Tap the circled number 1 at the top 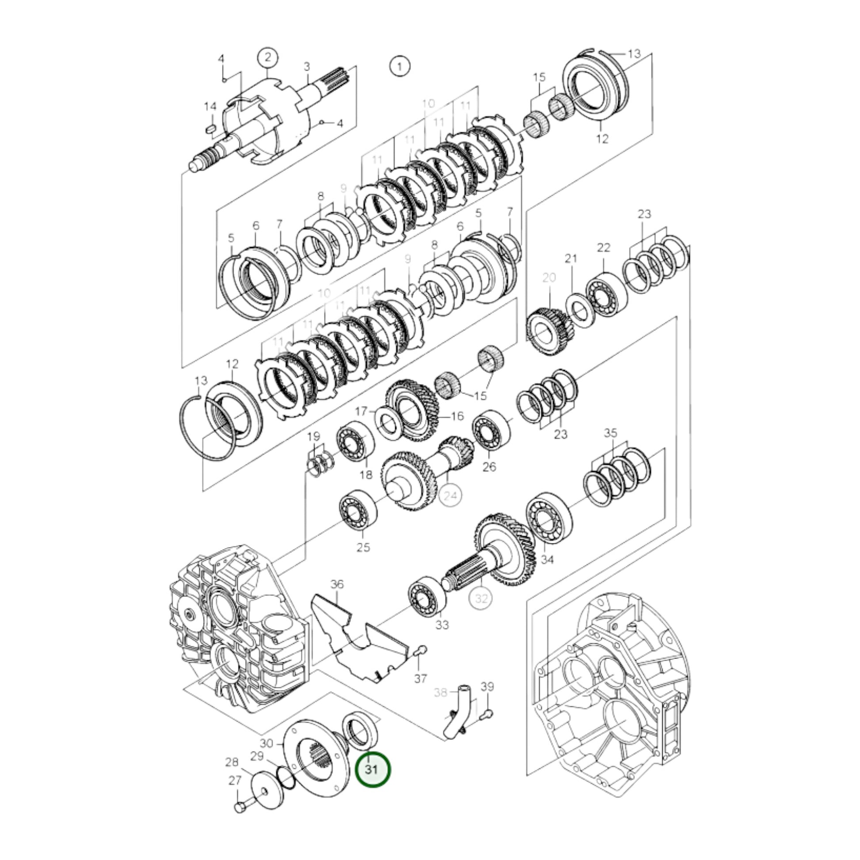400,67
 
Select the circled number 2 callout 267,58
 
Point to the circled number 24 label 450,495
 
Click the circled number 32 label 482,599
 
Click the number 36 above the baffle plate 337,584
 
